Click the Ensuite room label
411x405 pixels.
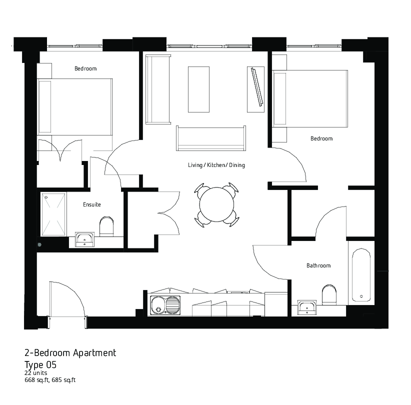(x=91, y=204)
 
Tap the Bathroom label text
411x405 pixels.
(x=318, y=265)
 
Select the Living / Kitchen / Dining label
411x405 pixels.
(x=216, y=165)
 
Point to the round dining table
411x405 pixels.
(x=216, y=204)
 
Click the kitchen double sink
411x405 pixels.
(x=165, y=305)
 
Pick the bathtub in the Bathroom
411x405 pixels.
(x=361, y=275)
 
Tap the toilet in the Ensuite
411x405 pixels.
(x=106, y=226)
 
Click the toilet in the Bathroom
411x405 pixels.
(x=329, y=294)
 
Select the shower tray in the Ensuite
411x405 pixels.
(x=53, y=214)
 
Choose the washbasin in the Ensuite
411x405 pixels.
(x=84, y=239)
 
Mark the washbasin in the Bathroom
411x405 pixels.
(x=307, y=307)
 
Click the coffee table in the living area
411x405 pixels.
(x=198, y=89)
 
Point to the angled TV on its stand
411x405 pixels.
(x=257, y=87)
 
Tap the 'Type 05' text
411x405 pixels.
(x=40, y=364)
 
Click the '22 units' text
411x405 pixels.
(x=35, y=373)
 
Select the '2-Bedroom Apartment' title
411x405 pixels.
(x=70, y=353)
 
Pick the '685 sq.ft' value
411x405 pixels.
(x=63, y=380)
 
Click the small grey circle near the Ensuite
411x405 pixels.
(x=39, y=245)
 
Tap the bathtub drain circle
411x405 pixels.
(x=361, y=296)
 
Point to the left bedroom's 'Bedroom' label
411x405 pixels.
(x=85, y=68)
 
